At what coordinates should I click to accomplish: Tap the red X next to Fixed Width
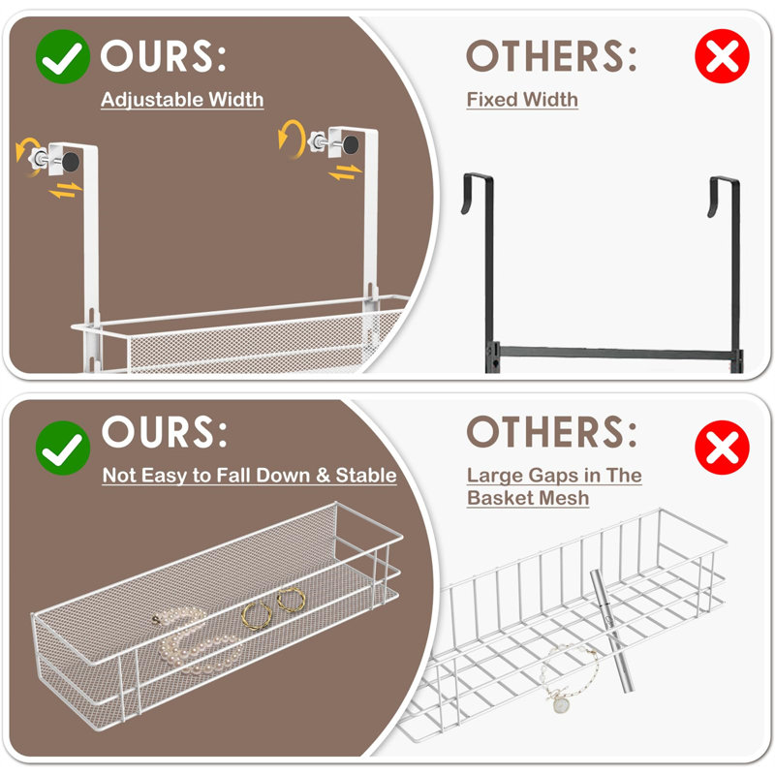point(722,58)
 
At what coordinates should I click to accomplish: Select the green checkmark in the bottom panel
point(63,448)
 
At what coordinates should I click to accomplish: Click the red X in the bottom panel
point(722,448)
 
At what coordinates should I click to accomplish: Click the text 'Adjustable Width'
point(182,99)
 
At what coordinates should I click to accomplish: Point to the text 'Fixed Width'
point(522,99)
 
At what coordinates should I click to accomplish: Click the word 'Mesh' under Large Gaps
point(561,497)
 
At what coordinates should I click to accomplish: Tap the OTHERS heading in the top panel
point(551,57)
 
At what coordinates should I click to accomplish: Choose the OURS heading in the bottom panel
point(164,431)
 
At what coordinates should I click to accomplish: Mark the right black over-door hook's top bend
point(727,181)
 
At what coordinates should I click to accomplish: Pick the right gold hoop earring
point(289,601)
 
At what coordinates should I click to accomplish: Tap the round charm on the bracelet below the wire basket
point(561,704)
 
